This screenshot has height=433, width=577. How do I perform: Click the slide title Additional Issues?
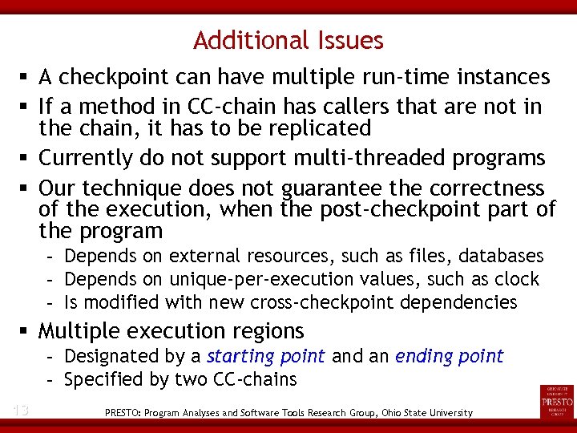[x=288, y=40]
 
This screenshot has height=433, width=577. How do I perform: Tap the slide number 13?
[x=21, y=411]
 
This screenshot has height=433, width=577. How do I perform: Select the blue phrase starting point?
[x=265, y=356]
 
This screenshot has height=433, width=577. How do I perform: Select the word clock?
[x=518, y=280]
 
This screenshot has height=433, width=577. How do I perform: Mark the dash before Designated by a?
[x=50, y=356]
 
